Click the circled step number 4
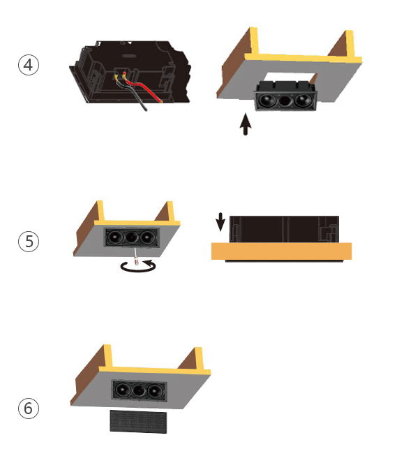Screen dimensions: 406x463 point(29,65)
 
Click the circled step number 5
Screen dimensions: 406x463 point(29,242)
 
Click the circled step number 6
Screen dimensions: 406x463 point(29,409)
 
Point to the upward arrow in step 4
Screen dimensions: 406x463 point(245,124)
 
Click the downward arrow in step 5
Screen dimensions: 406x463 point(220,222)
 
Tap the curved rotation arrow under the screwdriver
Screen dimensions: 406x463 point(138,267)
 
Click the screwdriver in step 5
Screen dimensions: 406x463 point(136,256)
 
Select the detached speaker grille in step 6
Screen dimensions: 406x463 point(138,422)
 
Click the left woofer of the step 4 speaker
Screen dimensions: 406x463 point(267,101)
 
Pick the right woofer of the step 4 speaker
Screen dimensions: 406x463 point(303,100)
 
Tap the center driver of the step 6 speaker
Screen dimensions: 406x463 point(139,390)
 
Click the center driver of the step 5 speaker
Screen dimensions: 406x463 point(131,237)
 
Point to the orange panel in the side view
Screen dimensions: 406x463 point(282,251)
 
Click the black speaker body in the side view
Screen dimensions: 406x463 point(284,230)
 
